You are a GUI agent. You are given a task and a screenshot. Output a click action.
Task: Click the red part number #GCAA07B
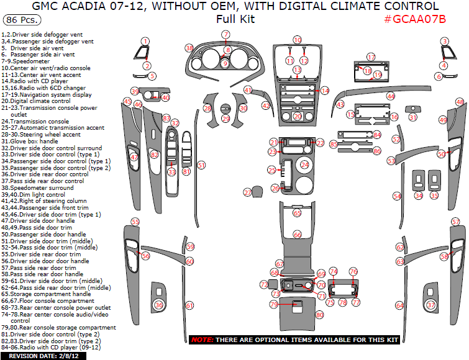point(414,19)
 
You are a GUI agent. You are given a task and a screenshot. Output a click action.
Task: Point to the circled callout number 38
point(189,48)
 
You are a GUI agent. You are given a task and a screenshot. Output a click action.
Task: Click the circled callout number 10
point(297,40)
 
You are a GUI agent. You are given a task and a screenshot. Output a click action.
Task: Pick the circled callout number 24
point(304,164)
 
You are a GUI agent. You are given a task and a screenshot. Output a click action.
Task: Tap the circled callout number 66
point(297,235)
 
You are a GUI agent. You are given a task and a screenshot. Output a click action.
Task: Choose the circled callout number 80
point(320,315)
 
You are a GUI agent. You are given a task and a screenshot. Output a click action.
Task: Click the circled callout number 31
point(413,117)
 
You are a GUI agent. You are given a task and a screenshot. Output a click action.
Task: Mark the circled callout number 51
point(201,165)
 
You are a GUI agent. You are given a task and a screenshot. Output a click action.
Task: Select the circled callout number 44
point(390,96)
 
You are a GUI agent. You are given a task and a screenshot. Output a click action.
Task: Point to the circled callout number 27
point(248,193)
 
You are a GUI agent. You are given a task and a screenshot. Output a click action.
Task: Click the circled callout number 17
point(371,57)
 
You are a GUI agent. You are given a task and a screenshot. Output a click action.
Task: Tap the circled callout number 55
point(135,222)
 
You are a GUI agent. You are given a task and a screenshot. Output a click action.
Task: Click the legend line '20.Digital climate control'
point(36,101)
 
